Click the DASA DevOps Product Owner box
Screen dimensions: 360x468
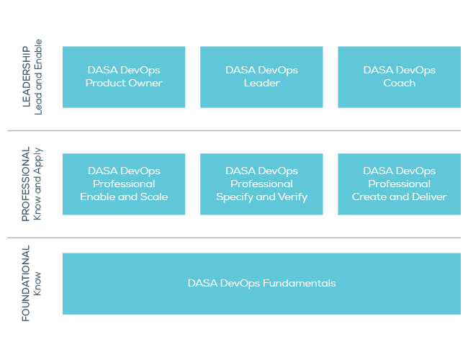tap(124, 77)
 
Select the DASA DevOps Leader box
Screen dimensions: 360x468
tap(261, 77)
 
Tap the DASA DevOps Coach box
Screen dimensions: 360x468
tap(399, 77)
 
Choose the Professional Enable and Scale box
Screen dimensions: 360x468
tap(124, 184)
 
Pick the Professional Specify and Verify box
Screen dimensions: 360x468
tap(261, 184)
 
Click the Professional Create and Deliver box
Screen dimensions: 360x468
tap(399, 184)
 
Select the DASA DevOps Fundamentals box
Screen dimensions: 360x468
tap(261, 283)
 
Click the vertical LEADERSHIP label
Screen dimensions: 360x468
tap(26, 77)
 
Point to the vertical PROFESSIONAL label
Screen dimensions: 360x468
tap(26, 184)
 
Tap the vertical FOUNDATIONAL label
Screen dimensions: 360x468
tap(26, 283)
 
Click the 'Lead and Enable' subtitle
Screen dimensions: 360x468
tap(39, 77)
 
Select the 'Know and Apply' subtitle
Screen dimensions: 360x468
tap(39, 184)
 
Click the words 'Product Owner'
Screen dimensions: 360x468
tap(124, 84)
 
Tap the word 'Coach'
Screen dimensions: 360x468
tap(399, 84)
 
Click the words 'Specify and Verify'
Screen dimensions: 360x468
tap(261, 197)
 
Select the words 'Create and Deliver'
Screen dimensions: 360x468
tap(399, 197)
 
